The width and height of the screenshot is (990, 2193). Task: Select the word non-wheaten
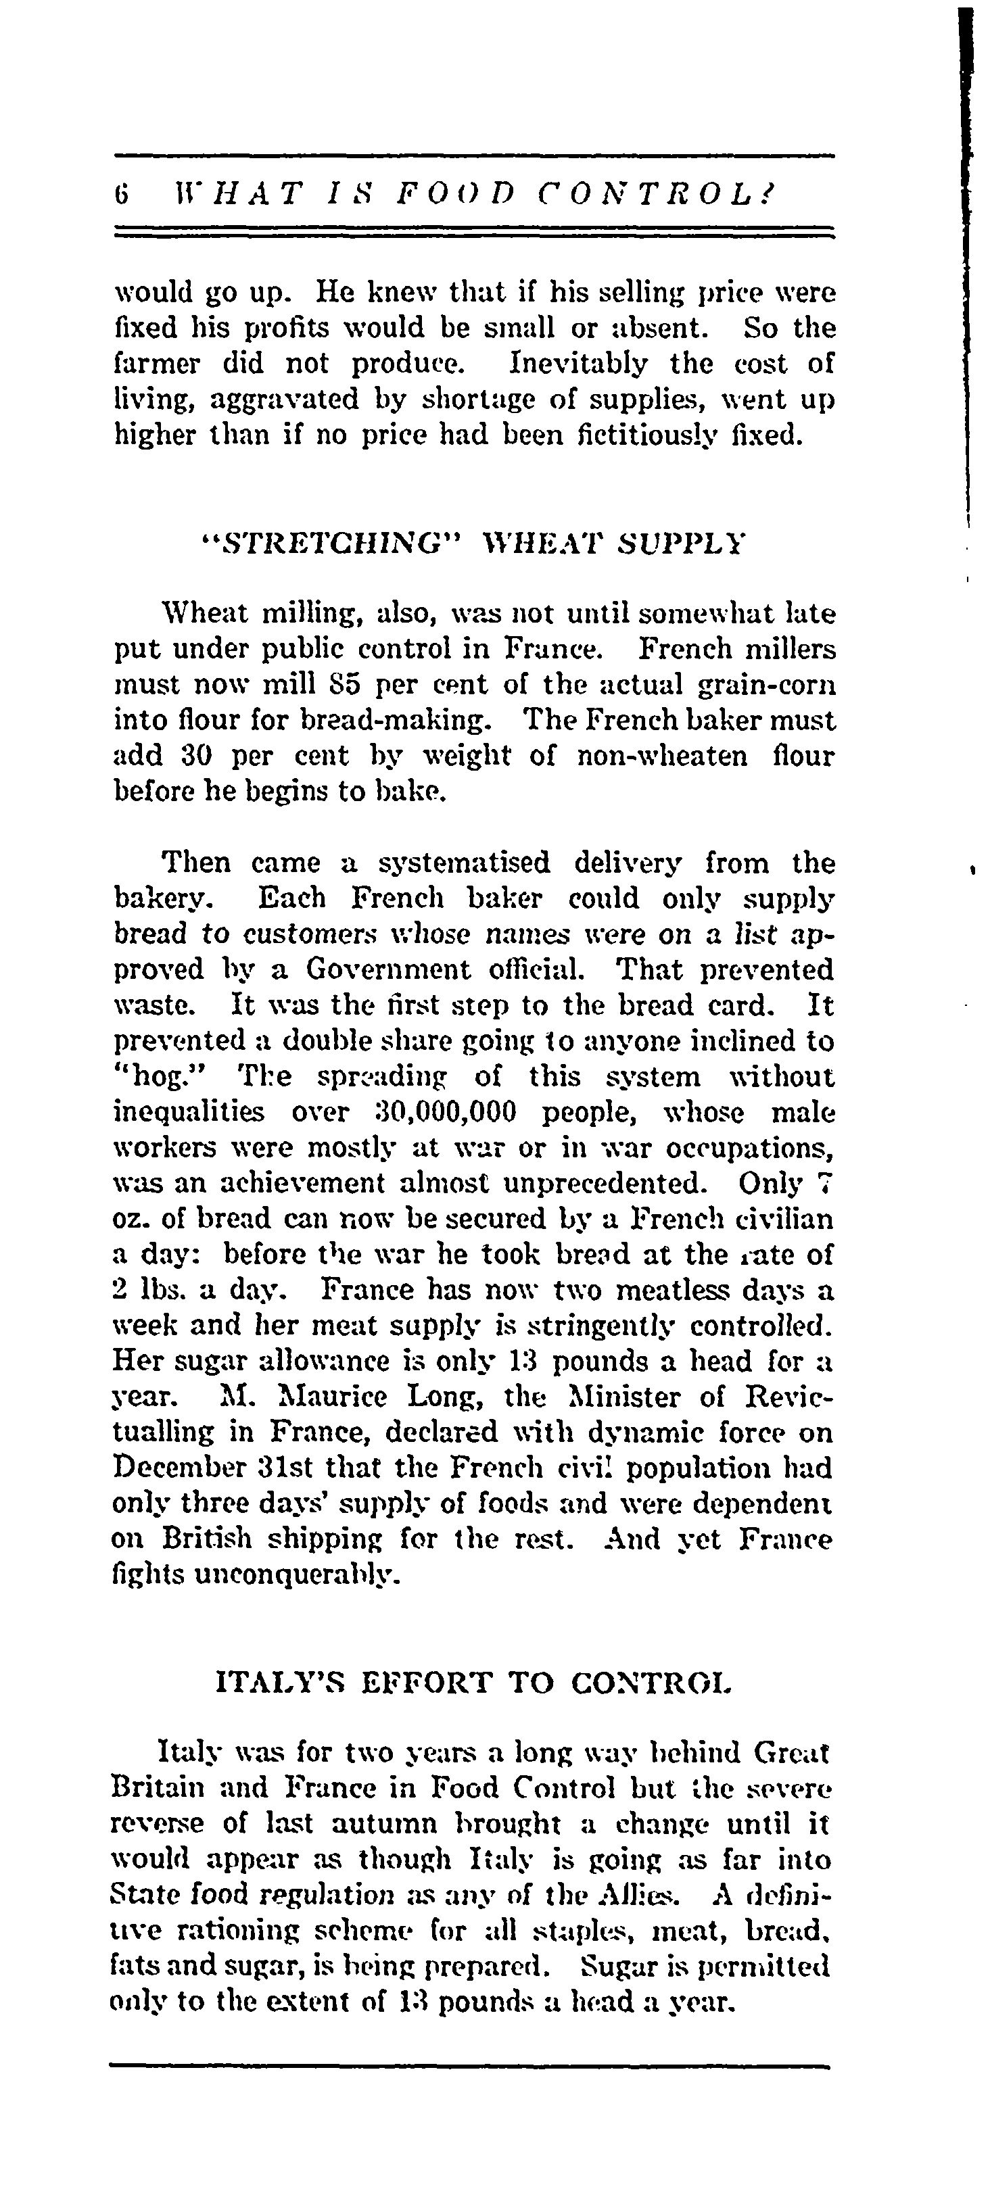click(x=663, y=756)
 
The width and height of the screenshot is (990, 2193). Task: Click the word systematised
click(x=463, y=863)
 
